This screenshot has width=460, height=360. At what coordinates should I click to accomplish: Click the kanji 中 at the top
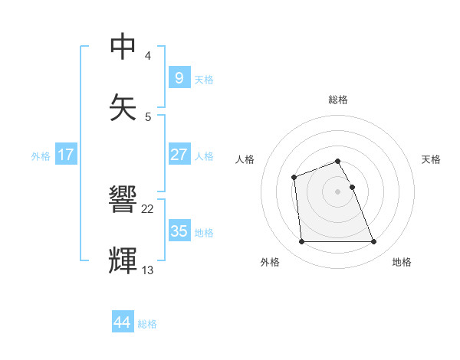tap(123, 47)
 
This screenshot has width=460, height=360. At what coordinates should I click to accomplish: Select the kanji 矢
tap(123, 106)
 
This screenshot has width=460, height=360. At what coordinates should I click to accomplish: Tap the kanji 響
tap(123, 201)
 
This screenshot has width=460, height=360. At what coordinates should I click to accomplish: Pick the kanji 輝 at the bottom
tap(123, 260)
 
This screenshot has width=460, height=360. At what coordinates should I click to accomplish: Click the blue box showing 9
tap(179, 78)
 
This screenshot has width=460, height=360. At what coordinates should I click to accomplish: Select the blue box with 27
tap(179, 155)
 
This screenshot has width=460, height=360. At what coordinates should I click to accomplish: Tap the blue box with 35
tap(179, 231)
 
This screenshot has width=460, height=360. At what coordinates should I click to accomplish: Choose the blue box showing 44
tap(123, 322)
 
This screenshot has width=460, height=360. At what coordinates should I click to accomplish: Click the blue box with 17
tap(66, 155)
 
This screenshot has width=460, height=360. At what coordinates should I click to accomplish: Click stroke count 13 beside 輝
tap(148, 270)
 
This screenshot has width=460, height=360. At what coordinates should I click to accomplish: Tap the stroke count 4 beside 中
tap(148, 57)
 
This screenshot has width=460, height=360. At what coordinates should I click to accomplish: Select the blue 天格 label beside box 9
tap(204, 79)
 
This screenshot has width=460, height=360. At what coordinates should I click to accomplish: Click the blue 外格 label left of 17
tap(41, 155)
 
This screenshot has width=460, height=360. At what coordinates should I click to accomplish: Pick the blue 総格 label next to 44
tap(147, 324)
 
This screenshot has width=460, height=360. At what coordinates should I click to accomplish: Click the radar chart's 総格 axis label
tap(338, 100)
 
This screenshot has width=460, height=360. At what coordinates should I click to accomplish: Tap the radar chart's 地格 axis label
tap(402, 262)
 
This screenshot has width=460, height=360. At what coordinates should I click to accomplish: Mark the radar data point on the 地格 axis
tap(374, 242)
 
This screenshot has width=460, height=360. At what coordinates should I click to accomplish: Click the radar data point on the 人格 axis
tap(294, 177)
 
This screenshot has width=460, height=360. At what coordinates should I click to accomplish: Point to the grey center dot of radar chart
tap(338, 191)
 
